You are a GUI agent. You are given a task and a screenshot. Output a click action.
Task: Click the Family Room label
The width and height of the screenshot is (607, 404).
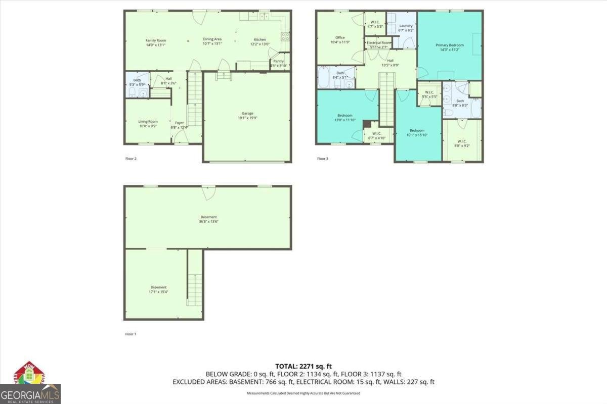(x=156, y=40)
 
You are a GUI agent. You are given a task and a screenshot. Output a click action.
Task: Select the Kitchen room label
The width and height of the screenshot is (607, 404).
(x=260, y=39)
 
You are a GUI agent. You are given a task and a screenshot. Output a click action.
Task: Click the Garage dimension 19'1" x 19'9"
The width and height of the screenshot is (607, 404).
(x=247, y=118)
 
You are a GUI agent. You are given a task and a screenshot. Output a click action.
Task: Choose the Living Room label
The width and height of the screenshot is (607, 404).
(x=148, y=121)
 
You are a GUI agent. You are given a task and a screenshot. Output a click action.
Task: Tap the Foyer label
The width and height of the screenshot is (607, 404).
(x=180, y=123)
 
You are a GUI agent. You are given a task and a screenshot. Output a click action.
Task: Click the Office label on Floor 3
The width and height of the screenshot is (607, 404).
(x=340, y=37)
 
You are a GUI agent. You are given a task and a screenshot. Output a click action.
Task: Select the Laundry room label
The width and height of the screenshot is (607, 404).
(x=406, y=26)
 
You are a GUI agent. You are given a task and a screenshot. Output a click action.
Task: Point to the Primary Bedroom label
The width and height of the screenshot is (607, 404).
(x=450, y=45)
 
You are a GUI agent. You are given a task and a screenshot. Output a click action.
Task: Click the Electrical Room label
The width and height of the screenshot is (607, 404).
(x=379, y=43)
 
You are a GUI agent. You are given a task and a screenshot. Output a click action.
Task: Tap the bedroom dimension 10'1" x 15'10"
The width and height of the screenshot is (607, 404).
(x=417, y=135)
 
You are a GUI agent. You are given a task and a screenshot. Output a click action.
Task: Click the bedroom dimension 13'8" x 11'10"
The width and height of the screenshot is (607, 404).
(x=345, y=120)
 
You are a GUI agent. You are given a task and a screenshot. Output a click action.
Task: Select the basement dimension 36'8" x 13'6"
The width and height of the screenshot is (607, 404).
(x=208, y=221)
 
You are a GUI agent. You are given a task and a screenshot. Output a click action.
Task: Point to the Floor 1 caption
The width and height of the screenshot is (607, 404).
(x=131, y=334)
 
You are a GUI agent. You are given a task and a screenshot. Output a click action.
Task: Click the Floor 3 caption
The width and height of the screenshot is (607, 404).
(x=323, y=159)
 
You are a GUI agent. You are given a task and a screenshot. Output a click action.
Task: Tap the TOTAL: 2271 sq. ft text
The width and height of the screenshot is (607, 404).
(x=303, y=366)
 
